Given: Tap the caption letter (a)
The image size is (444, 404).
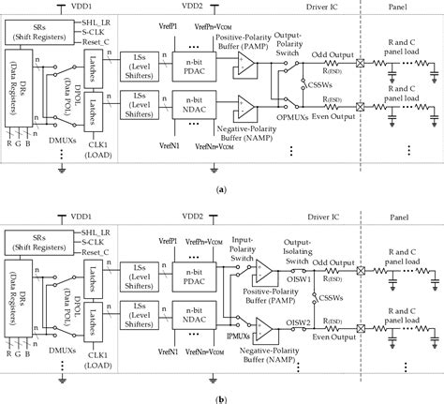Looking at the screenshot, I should point(221,187).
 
